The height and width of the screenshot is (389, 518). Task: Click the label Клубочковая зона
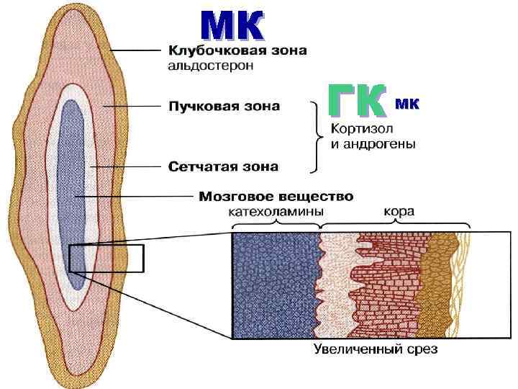click(x=237, y=50)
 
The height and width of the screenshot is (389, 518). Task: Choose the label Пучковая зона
click(x=224, y=107)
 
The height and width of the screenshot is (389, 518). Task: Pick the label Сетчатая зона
click(x=223, y=166)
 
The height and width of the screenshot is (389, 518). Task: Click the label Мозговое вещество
click(x=276, y=195)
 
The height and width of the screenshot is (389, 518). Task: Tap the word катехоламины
click(x=276, y=212)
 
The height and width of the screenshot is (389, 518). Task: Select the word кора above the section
click(x=398, y=212)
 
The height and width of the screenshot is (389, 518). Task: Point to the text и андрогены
click(x=373, y=144)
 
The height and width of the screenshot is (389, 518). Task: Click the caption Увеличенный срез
click(x=376, y=351)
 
